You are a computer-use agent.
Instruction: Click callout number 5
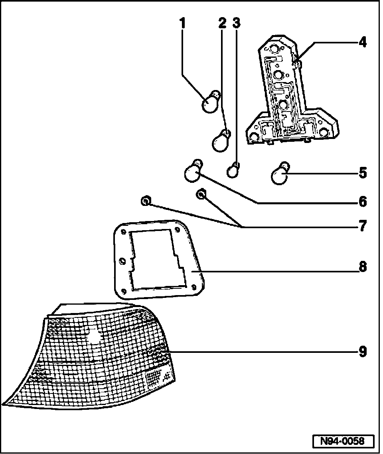click(362, 174)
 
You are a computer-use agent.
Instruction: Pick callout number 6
click(362, 202)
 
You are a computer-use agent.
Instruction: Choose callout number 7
click(362, 227)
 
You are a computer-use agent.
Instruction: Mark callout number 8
click(362, 267)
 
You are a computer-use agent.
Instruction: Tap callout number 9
click(362, 352)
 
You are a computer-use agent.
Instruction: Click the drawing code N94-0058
click(343, 441)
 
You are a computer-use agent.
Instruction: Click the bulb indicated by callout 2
click(220, 141)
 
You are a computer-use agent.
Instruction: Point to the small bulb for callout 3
click(234, 171)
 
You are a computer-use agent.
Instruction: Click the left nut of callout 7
click(146, 202)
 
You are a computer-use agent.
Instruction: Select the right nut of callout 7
click(201, 194)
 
